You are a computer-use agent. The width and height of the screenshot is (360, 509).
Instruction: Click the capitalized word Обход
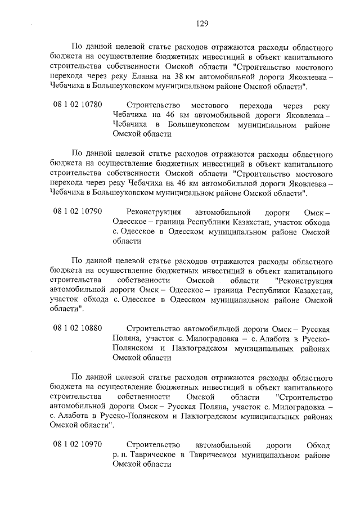tap(316, 445)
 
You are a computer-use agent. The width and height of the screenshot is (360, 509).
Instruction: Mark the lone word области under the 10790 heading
tap(127, 241)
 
